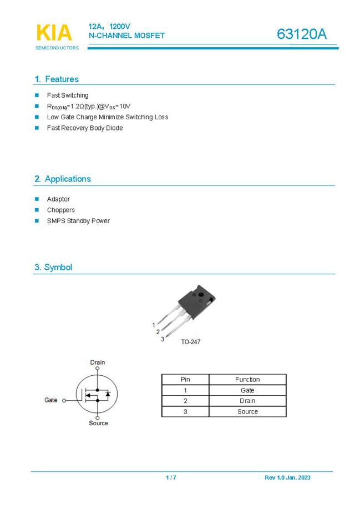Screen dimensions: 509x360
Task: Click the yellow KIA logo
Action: [x=54, y=33]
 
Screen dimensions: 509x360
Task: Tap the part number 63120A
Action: [x=302, y=34]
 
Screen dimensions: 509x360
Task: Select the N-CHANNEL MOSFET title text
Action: [x=126, y=36]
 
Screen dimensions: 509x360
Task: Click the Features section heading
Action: [x=57, y=79]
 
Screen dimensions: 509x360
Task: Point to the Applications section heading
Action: [x=63, y=179]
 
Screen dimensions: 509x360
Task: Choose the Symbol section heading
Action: [x=53, y=267]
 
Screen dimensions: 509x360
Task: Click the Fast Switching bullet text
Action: [x=68, y=95]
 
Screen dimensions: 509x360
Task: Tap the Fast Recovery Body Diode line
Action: [x=85, y=128]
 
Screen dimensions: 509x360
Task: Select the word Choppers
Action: [x=61, y=210]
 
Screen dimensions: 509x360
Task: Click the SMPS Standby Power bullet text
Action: [x=78, y=221]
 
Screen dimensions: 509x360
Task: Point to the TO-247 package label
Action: [x=190, y=342]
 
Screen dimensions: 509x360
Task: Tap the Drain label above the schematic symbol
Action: [x=98, y=362]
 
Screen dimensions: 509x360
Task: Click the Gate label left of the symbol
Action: [x=51, y=400]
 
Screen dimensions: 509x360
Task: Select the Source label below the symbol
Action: [x=99, y=424]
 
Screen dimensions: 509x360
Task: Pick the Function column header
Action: [x=247, y=380]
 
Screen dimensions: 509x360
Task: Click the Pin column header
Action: [x=185, y=380]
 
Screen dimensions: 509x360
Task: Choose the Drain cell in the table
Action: [x=247, y=401]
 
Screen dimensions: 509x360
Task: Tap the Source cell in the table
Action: [x=247, y=411]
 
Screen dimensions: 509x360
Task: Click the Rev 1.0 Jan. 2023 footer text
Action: [x=287, y=478]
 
